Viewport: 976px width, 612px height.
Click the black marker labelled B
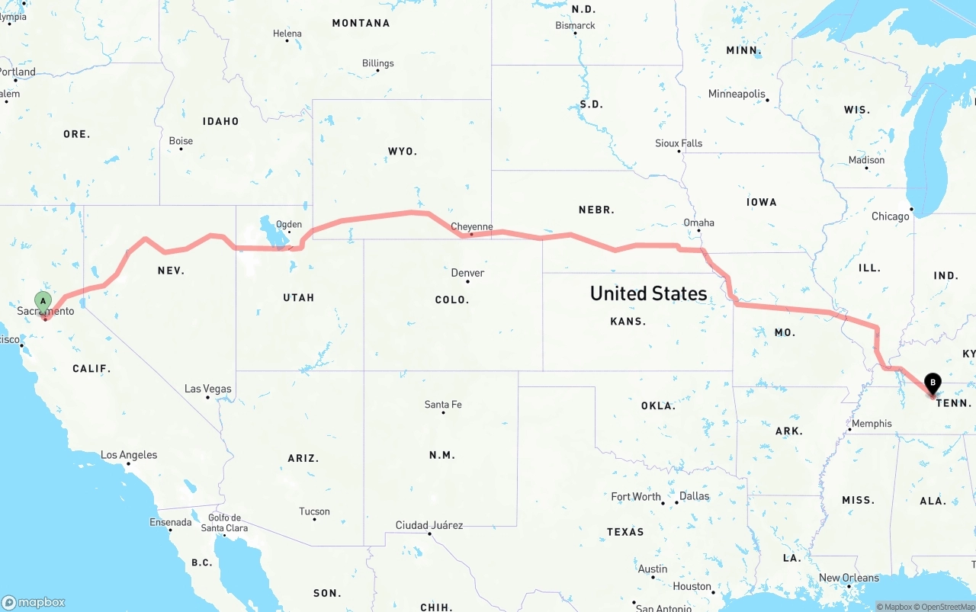932,383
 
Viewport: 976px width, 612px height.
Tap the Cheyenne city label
472,227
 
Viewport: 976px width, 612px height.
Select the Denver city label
467,273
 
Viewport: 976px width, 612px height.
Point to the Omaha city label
698,223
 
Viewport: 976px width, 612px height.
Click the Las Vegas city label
208,389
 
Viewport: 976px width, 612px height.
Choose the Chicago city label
890,216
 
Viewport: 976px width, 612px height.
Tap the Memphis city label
872,424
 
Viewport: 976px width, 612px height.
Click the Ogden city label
289,225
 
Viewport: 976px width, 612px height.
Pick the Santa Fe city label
443,405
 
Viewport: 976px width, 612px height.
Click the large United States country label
648,293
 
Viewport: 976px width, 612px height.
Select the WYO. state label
403,152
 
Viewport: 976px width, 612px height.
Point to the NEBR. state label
597,210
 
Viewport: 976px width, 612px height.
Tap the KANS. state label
628,322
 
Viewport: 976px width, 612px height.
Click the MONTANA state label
361,24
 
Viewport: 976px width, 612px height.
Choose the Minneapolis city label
737,94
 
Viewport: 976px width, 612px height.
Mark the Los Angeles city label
129,455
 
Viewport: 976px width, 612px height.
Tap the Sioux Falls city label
679,143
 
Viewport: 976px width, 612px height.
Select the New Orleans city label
849,578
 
